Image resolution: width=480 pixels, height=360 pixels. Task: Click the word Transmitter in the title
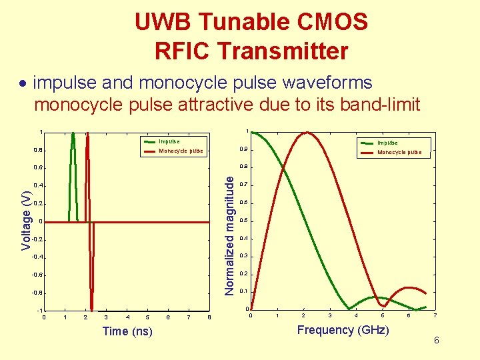click(292, 51)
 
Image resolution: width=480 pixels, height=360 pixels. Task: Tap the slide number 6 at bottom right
click(436, 341)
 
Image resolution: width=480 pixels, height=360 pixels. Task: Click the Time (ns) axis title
click(127, 331)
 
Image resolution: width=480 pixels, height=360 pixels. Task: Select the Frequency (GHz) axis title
click(343, 330)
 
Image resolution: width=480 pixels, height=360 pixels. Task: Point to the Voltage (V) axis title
click(26, 221)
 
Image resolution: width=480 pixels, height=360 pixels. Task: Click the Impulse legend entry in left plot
click(169, 141)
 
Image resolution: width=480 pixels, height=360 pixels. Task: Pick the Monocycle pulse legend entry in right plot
click(399, 152)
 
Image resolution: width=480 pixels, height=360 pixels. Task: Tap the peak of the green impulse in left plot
click(73, 133)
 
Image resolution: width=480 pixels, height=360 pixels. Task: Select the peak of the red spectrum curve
click(307, 133)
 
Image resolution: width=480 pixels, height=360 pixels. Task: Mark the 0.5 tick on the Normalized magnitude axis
click(244, 221)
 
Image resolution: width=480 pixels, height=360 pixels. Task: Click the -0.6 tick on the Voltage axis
click(37, 275)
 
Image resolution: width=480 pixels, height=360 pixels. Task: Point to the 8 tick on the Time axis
click(209, 317)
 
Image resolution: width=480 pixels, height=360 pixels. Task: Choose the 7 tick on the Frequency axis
click(435, 315)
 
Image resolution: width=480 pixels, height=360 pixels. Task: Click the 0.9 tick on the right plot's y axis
click(244, 149)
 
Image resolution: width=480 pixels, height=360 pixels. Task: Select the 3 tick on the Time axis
click(106, 317)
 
